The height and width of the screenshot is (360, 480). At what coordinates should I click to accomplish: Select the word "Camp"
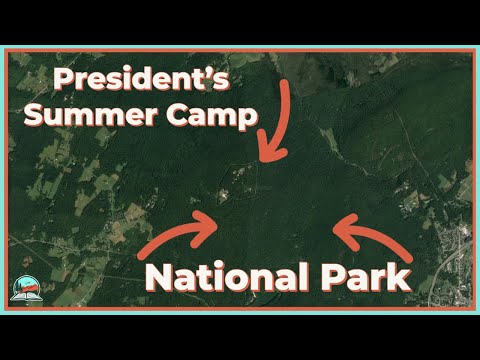pos(212,116)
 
